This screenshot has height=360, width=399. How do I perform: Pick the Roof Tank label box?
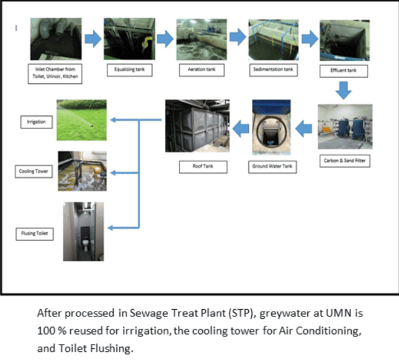195,166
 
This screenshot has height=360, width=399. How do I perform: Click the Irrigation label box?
34,122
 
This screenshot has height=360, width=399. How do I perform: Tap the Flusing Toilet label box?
33,233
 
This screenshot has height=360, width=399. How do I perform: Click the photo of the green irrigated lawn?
81,119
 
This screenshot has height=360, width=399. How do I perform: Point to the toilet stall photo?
83,231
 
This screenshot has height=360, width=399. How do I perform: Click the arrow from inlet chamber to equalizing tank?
92,38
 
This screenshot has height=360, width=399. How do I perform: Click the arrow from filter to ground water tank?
303,129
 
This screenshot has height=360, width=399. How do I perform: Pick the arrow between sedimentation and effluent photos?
309,38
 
